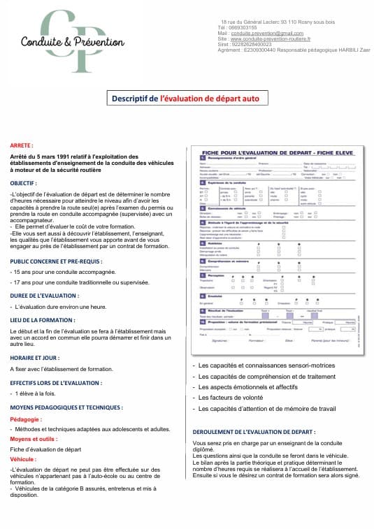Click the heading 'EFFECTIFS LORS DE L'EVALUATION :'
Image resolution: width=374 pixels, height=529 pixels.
point(60,382)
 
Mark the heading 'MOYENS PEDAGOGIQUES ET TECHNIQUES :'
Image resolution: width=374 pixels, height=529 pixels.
point(66,407)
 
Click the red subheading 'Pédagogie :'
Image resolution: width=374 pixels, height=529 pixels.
point(26,419)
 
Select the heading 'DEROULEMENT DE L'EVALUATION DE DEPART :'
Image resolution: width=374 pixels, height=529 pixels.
point(253,432)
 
